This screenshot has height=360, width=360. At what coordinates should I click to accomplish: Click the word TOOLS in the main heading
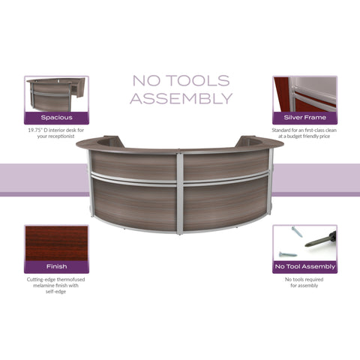198,80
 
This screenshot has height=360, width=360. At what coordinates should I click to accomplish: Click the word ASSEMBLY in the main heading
181,98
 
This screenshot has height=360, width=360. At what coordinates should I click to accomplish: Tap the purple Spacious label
56,118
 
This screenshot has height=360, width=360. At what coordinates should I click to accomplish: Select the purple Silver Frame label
304,118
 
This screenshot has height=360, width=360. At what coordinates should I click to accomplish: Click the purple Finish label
56,267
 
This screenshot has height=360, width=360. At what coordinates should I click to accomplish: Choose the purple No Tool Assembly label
304,267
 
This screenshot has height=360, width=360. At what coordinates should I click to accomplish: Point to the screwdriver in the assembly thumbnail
320,239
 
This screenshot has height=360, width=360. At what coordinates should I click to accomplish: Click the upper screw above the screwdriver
297,232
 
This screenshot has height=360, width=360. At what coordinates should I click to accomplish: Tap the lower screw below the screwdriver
288,254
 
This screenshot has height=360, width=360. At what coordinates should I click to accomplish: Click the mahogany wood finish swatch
56,243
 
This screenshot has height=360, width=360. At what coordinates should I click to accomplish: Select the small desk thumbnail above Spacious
56,94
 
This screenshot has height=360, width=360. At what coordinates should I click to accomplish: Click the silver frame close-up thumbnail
304,94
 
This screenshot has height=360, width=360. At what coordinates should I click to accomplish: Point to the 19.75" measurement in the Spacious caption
34,130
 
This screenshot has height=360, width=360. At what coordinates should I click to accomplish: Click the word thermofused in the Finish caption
71,280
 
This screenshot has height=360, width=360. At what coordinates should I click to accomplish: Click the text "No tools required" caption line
304,280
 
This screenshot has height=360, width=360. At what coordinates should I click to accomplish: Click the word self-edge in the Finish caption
55,292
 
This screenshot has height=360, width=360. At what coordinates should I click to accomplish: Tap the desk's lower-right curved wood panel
225,205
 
